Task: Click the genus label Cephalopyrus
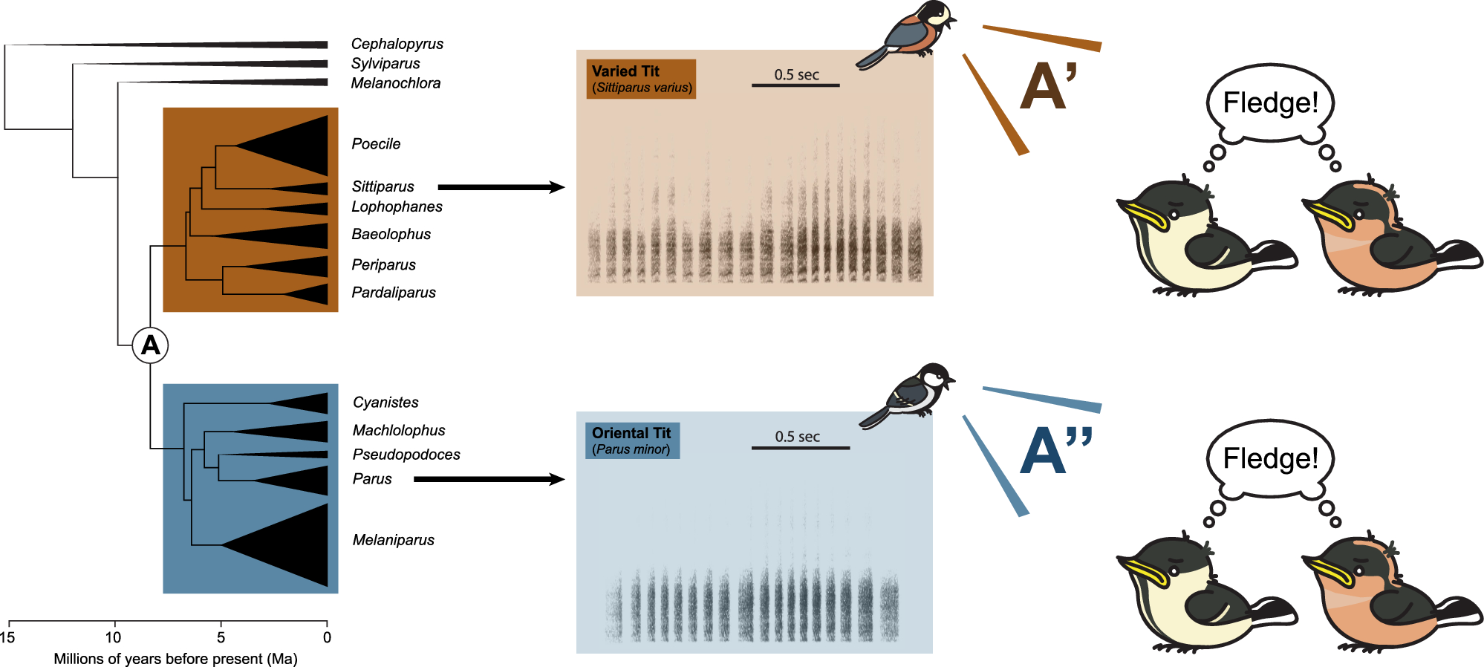[397, 44]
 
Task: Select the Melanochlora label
[395, 83]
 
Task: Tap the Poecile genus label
[376, 144]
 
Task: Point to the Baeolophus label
[391, 234]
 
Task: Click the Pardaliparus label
[394, 293]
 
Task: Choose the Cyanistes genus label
[385, 403]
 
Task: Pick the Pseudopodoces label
[406, 455]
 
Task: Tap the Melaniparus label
[393, 540]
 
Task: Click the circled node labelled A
[151, 345]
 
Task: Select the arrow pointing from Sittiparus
[501, 187]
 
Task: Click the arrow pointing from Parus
[489, 479]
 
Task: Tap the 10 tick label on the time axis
[114, 637]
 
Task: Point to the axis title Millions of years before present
[175, 659]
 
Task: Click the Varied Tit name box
[641, 79]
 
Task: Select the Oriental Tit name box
[632, 440]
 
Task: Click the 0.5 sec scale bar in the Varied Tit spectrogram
[795, 85]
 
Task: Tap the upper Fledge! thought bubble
[1270, 103]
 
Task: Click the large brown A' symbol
[1047, 87]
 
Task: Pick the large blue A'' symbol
[1055, 449]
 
